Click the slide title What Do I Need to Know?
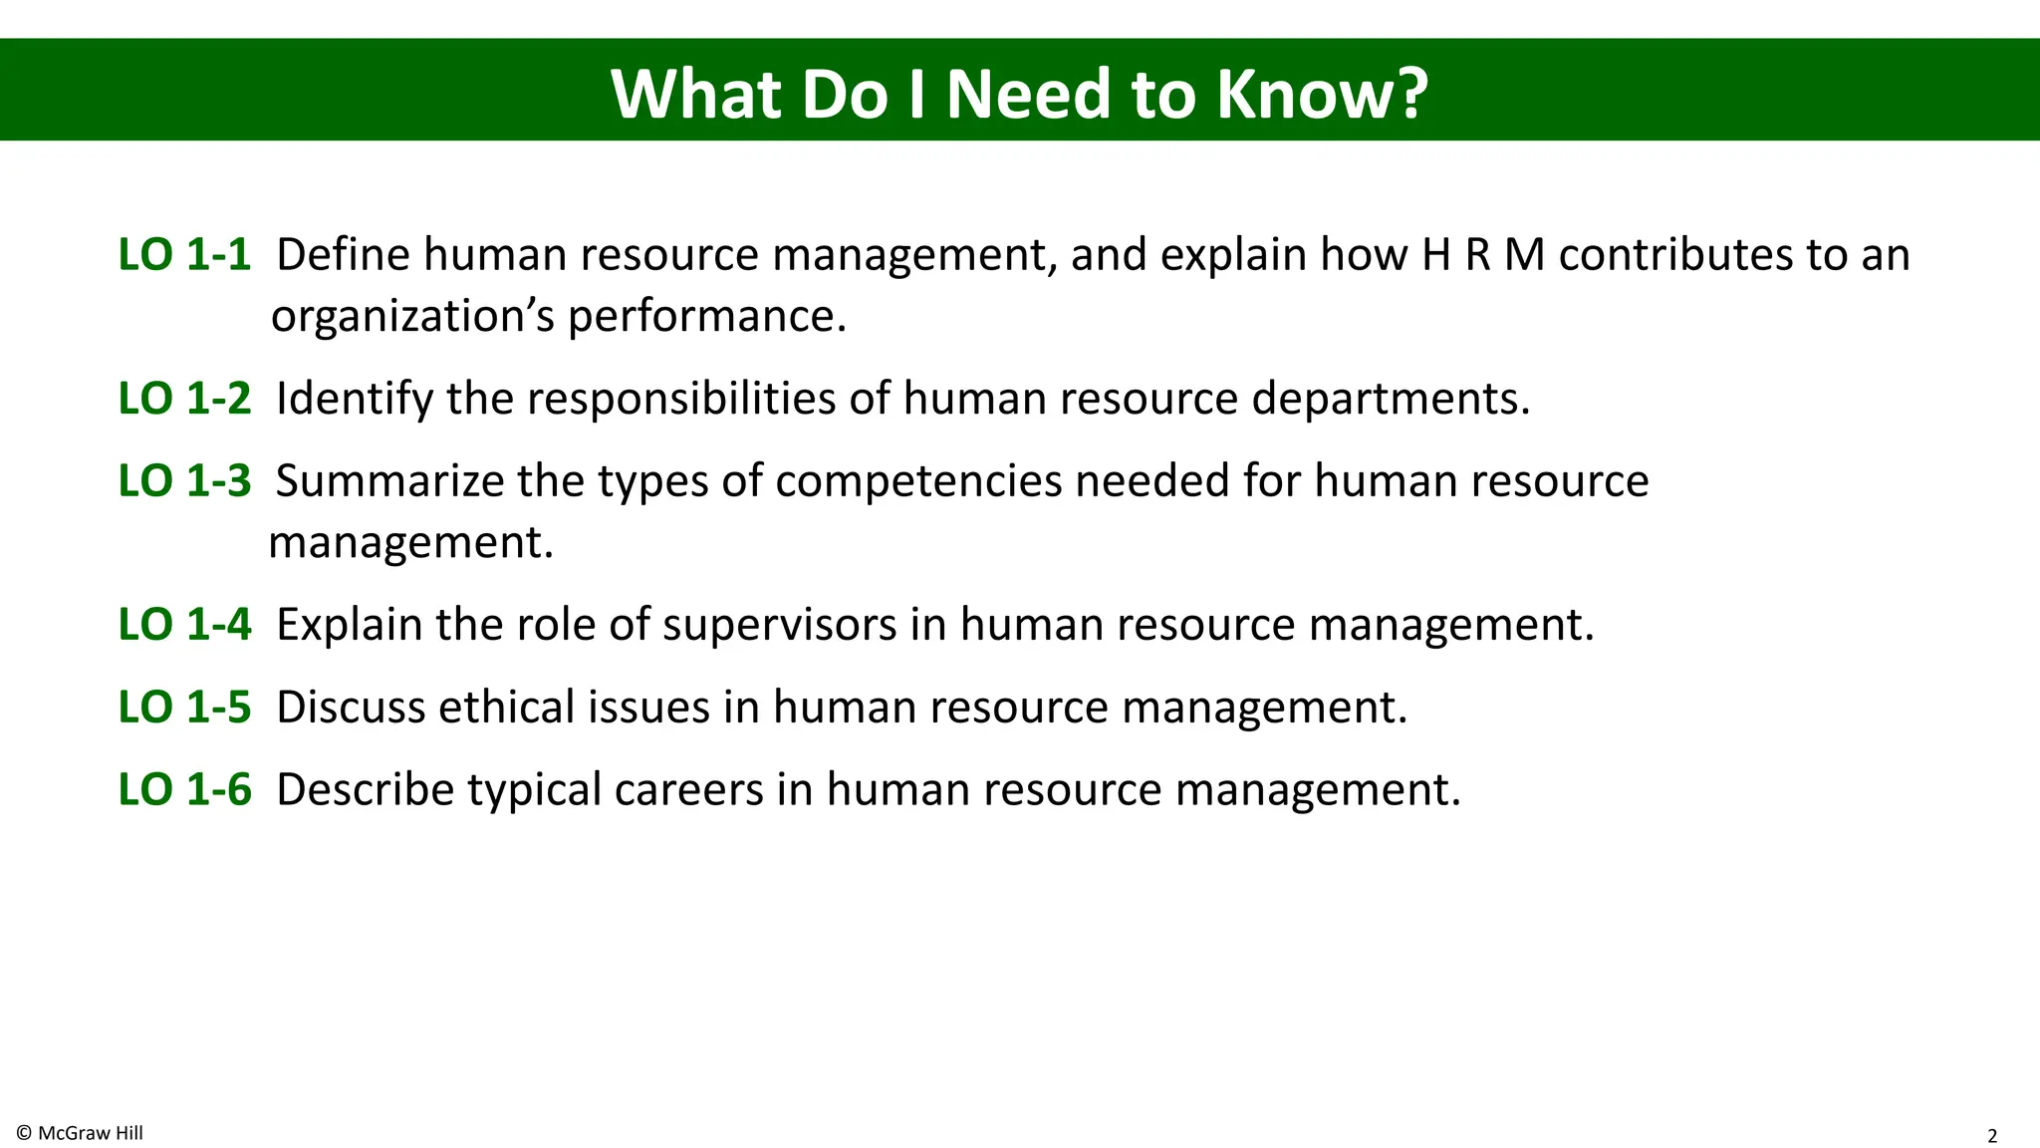tap(1019, 94)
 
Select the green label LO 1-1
tap(184, 255)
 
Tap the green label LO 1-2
tap(184, 399)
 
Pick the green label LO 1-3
tap(184, 481)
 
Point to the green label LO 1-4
tap(184, 625)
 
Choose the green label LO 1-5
tap(184, 708)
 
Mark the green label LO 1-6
tap(184, 790)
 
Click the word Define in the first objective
tap(343, 255)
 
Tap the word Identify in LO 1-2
tap(355, 399)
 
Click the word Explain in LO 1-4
tap(349, 625)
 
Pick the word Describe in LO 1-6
tap(365, 790)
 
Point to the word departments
tap(1391, 399)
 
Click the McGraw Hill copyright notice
tap(80, 1133)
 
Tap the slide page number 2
tap(1992, 1136)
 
